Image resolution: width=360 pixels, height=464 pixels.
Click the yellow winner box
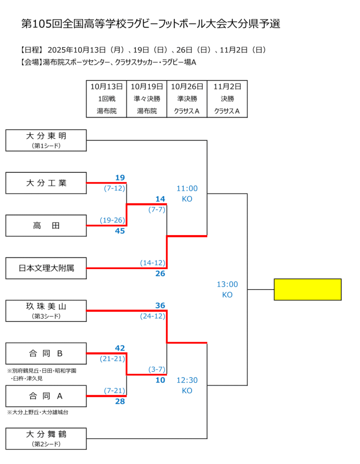coord(307,289)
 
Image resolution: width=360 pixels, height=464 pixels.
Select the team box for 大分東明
coord(46,140)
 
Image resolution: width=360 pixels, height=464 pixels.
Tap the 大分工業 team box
coord(46,183)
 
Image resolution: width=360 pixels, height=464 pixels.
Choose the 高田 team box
coord(46,226)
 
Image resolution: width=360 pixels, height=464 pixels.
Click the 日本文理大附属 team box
coord(46,268)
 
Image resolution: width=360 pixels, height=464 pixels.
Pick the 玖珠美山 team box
coord(46,311)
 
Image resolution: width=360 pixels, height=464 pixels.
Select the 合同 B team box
coord(46,353)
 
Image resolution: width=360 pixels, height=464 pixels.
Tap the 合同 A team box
coord(46,396)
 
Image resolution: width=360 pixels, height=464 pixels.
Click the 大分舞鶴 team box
coord(46,439)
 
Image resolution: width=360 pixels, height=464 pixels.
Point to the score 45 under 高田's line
coord(120,231)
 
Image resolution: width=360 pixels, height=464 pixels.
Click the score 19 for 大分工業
coord(120,178)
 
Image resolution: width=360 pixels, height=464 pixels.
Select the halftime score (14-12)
coord(152,263)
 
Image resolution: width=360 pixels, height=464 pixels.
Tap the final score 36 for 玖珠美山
coord(160,305)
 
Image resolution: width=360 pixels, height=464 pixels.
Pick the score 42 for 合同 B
coord(120,348)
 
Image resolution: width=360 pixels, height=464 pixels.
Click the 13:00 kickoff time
coord(227,285)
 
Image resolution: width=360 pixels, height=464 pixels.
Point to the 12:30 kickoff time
coord(187,380)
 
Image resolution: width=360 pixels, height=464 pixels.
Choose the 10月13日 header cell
coord(107,86)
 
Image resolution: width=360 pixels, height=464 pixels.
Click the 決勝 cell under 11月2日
coord(227,99)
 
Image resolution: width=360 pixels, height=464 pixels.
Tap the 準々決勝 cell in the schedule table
coord(147,99)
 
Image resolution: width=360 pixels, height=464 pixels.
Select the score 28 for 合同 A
coord(120,401)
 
